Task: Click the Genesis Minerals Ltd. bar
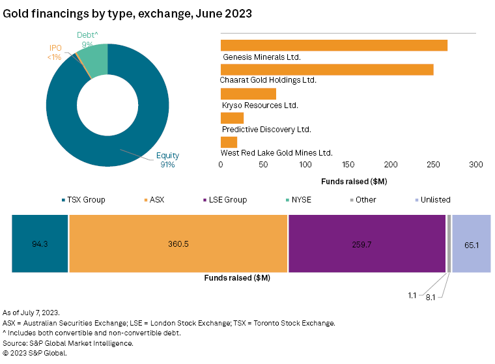pos(333,45)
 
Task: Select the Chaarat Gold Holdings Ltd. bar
pos(327,70)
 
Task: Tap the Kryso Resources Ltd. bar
pos(248,94)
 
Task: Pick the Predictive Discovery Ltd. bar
pos(232,118)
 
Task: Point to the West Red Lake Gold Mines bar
pos(229,142)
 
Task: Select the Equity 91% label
pos(167,160)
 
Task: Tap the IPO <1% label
pos(55,53)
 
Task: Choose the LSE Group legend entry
pos(225,200)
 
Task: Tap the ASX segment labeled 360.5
pos(178,244)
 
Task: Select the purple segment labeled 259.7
pos(367,244)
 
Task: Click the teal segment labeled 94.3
pos(40,244)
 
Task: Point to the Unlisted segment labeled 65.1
pos(471,244)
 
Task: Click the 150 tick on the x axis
pos(348,165)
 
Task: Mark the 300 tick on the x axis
pos(476,165)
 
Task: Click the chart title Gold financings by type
pos(128,13)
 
